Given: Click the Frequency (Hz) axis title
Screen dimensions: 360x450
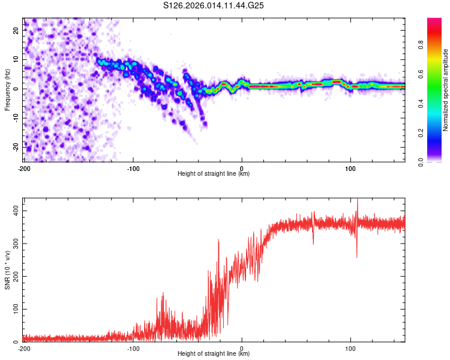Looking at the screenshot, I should click(x=7, y=89).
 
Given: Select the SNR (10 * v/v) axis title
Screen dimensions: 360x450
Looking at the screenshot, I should click(x=7, y=269).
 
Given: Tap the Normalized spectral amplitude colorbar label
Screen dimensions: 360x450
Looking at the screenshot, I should click(x=446, y=89).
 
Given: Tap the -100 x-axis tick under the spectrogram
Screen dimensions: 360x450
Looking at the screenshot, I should click(x=133, y=168).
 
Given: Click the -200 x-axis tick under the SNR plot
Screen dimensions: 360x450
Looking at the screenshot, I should click(x=23, y=348).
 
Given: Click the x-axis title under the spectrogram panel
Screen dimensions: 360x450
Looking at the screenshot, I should click(x=214, y=174).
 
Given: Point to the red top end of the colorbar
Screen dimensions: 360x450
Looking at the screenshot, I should click(x=434, y=20).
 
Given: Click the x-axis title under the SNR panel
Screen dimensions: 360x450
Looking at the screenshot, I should click(x=214, y=354).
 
